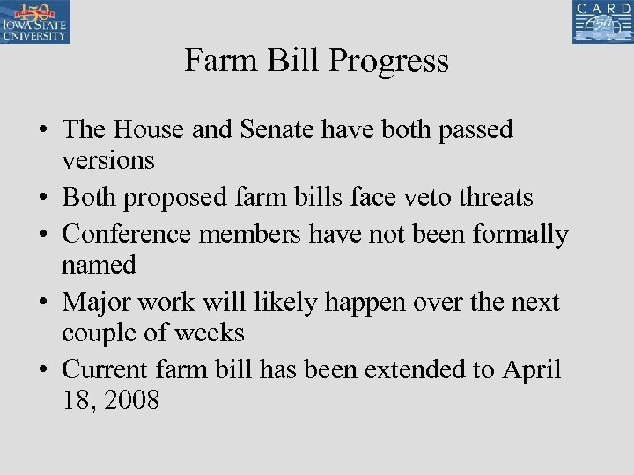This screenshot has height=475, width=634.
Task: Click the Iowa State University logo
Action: [35, 22]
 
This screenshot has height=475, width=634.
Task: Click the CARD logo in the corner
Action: [602, 22]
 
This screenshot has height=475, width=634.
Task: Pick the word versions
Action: [108, 160]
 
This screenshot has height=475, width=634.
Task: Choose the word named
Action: [100, 264]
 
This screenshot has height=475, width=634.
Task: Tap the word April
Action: [531, 369]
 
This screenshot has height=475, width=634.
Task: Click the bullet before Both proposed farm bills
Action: [42, 198]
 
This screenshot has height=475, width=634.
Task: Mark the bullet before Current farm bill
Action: [42, 370]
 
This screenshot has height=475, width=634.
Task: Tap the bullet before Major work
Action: [42, 303]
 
